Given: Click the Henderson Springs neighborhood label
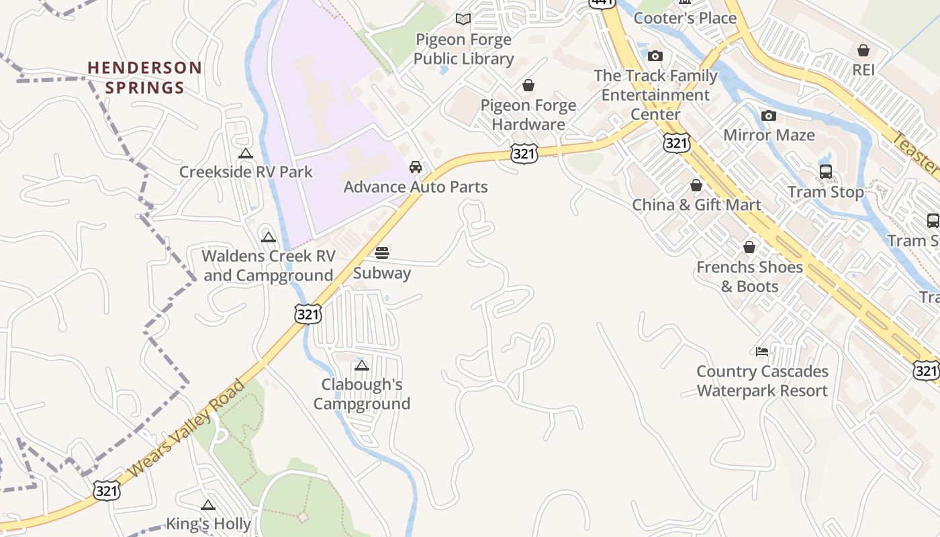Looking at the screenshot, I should click(x=144, y=77).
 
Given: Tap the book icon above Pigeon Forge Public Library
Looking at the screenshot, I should click(x=463, y=19).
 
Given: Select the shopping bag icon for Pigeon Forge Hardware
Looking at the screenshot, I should click(x=528, y=85).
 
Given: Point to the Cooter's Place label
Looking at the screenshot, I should click(x=685, y=18).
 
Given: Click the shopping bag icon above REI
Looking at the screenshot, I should click(x=863, y=50).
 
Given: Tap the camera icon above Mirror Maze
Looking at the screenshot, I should click(x=769, y=116).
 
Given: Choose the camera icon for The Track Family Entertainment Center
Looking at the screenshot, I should click(x=655, y=56).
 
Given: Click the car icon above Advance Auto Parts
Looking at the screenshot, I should click(x=416, y=167).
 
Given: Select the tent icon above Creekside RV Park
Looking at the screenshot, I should click(x=246, y=153).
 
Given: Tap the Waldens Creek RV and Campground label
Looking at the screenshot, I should click(x=268, y=265).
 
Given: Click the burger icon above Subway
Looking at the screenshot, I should click(x=382, y=253).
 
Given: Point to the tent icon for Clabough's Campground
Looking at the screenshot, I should click(x=362, y=366).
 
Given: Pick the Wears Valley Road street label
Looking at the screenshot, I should click(x=186, y=430).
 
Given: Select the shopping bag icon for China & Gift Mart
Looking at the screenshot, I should click(x=696, y=185).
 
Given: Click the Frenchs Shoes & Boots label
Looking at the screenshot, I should click(x=749, y=277).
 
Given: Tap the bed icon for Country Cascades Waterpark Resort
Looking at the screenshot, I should click(x=762, y=351).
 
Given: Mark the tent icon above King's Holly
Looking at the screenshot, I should click(x=208, y=505).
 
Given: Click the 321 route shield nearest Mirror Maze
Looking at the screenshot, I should click(x=676, y=142).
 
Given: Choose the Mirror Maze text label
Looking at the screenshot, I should click(x=769, y=135).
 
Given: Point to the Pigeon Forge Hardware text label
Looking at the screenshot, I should click(x=528, y=115).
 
